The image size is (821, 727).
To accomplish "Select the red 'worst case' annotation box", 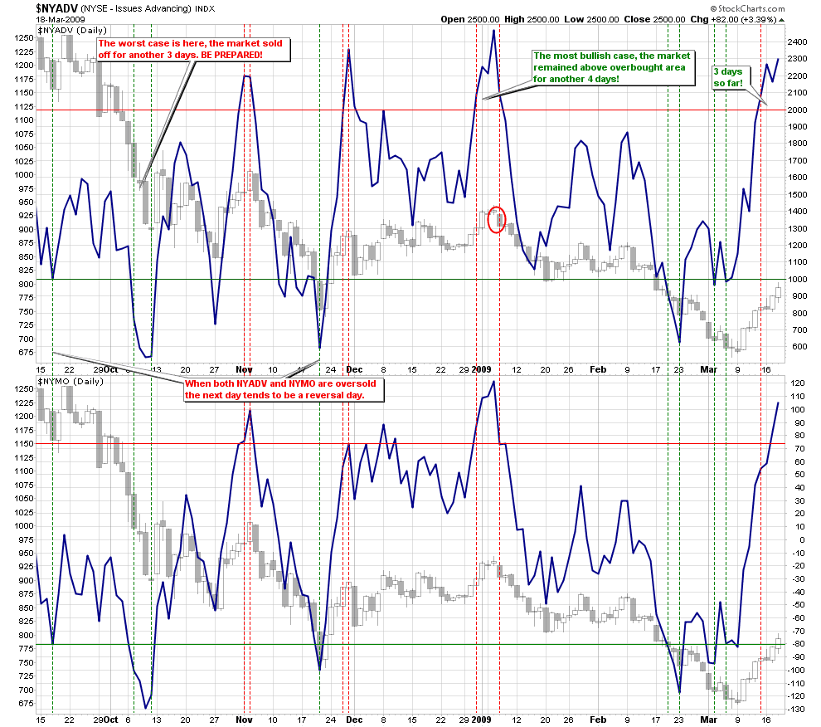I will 192,48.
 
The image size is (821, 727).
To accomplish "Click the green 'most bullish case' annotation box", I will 611,67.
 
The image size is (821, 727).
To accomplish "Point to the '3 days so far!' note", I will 729,77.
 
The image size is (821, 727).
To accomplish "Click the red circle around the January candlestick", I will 496,219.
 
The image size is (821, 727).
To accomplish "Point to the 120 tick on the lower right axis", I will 797,384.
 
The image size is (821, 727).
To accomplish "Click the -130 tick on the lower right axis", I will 796,709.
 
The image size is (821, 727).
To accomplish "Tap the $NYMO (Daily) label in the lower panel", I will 71,380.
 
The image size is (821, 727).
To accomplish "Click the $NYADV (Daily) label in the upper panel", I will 73,29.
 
